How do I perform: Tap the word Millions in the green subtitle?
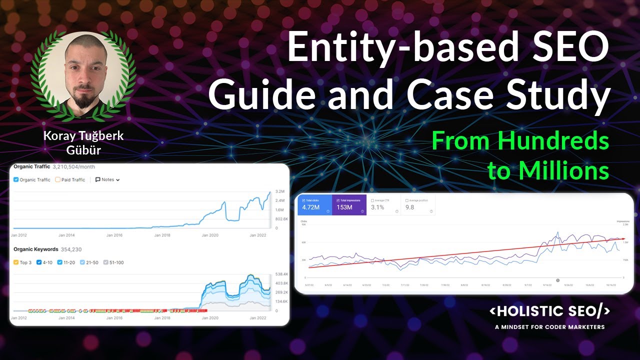click(548, 171)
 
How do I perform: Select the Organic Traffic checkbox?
click(16, 179)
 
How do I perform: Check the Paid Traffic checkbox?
click(58, 179)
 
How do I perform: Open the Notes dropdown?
click(107, 179)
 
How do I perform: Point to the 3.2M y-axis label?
click(280, 191)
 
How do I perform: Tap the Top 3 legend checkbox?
click(16, 262)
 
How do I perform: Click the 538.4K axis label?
click(281, 274)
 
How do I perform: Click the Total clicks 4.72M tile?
click(315, 205)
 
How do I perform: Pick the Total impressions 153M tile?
click(349, 205)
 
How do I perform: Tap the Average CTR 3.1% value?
click(378, 207)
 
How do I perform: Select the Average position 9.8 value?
click(410, 207)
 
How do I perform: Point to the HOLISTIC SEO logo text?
click(549, 311)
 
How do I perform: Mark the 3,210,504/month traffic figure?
click(74, 166)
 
